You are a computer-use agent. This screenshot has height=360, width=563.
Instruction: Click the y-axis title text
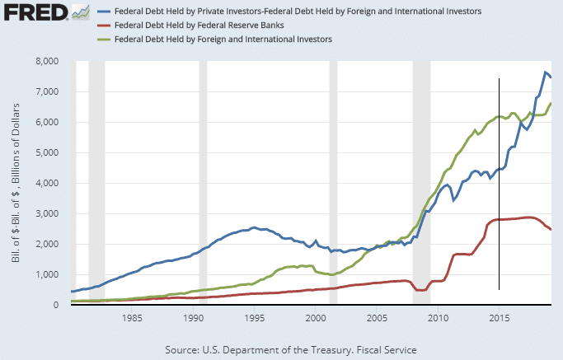tap(19, 182)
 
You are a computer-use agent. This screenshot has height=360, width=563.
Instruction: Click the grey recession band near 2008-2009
tap(421, 181)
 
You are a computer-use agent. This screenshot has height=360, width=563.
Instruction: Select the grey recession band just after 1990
tap(203, 181)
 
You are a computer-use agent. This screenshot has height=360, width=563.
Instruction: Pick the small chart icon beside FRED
tap(80, 12)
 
